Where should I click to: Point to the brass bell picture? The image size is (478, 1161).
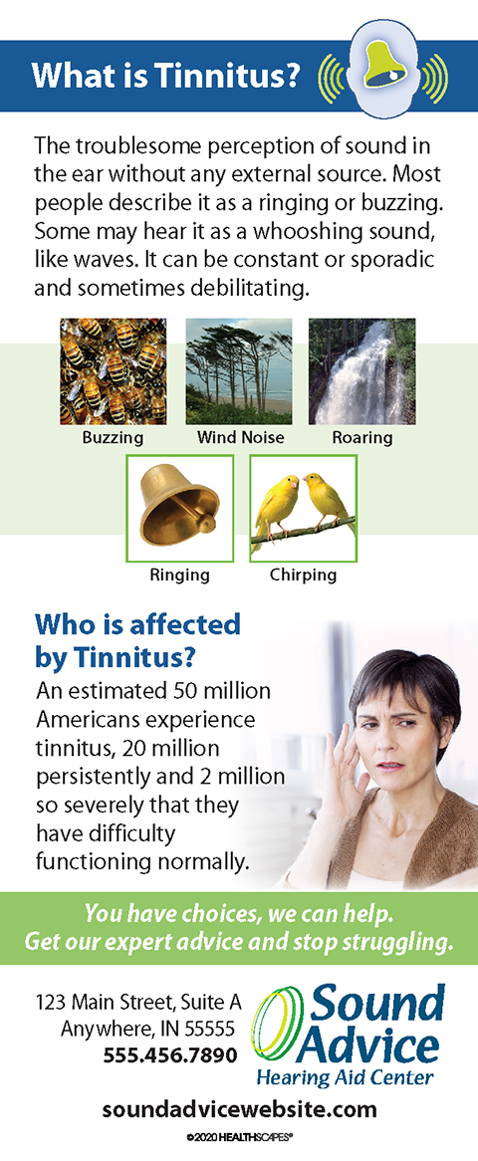180,509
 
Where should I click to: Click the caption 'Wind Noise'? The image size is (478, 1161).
241,437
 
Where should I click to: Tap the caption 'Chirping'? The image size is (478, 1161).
304,575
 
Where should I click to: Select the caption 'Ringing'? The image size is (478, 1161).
180,575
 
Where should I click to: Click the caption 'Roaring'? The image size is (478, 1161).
362,437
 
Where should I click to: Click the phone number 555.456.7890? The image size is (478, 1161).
170,1053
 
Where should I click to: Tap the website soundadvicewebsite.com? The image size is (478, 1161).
239,1110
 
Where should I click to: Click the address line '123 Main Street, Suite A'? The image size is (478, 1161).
138,1004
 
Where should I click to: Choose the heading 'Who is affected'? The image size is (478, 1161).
137,625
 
